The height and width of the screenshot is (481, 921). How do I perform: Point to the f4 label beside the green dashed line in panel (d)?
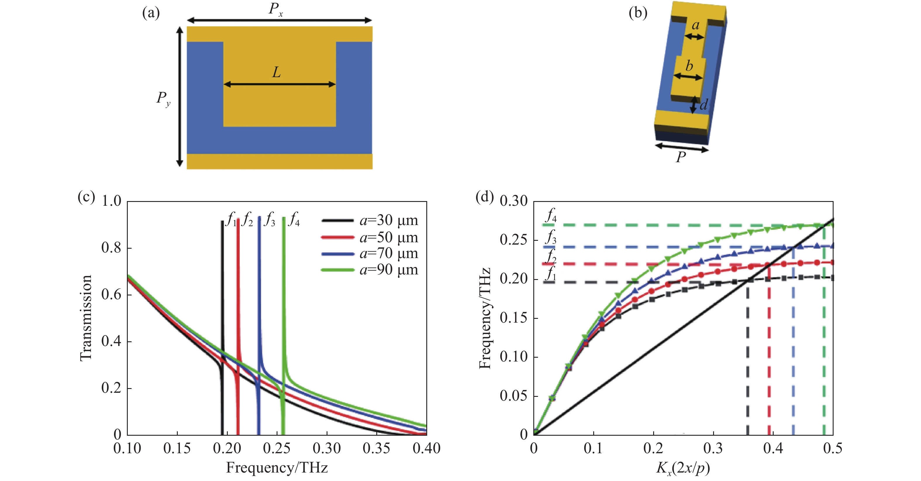tap(551, 215)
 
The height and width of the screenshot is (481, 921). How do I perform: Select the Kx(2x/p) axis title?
tap(683, 468)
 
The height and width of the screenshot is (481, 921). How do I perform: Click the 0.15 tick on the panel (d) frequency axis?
tap(513, 318)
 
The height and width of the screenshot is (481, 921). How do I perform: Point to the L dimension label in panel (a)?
tap(276, 72)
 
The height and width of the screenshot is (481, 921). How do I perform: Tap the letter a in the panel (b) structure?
tap(695, 25)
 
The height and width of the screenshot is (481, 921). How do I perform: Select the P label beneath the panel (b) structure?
tap(681, 157)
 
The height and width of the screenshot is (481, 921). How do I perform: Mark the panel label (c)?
tap(86, 197)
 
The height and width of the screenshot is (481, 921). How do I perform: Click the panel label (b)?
tap(638, 13)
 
